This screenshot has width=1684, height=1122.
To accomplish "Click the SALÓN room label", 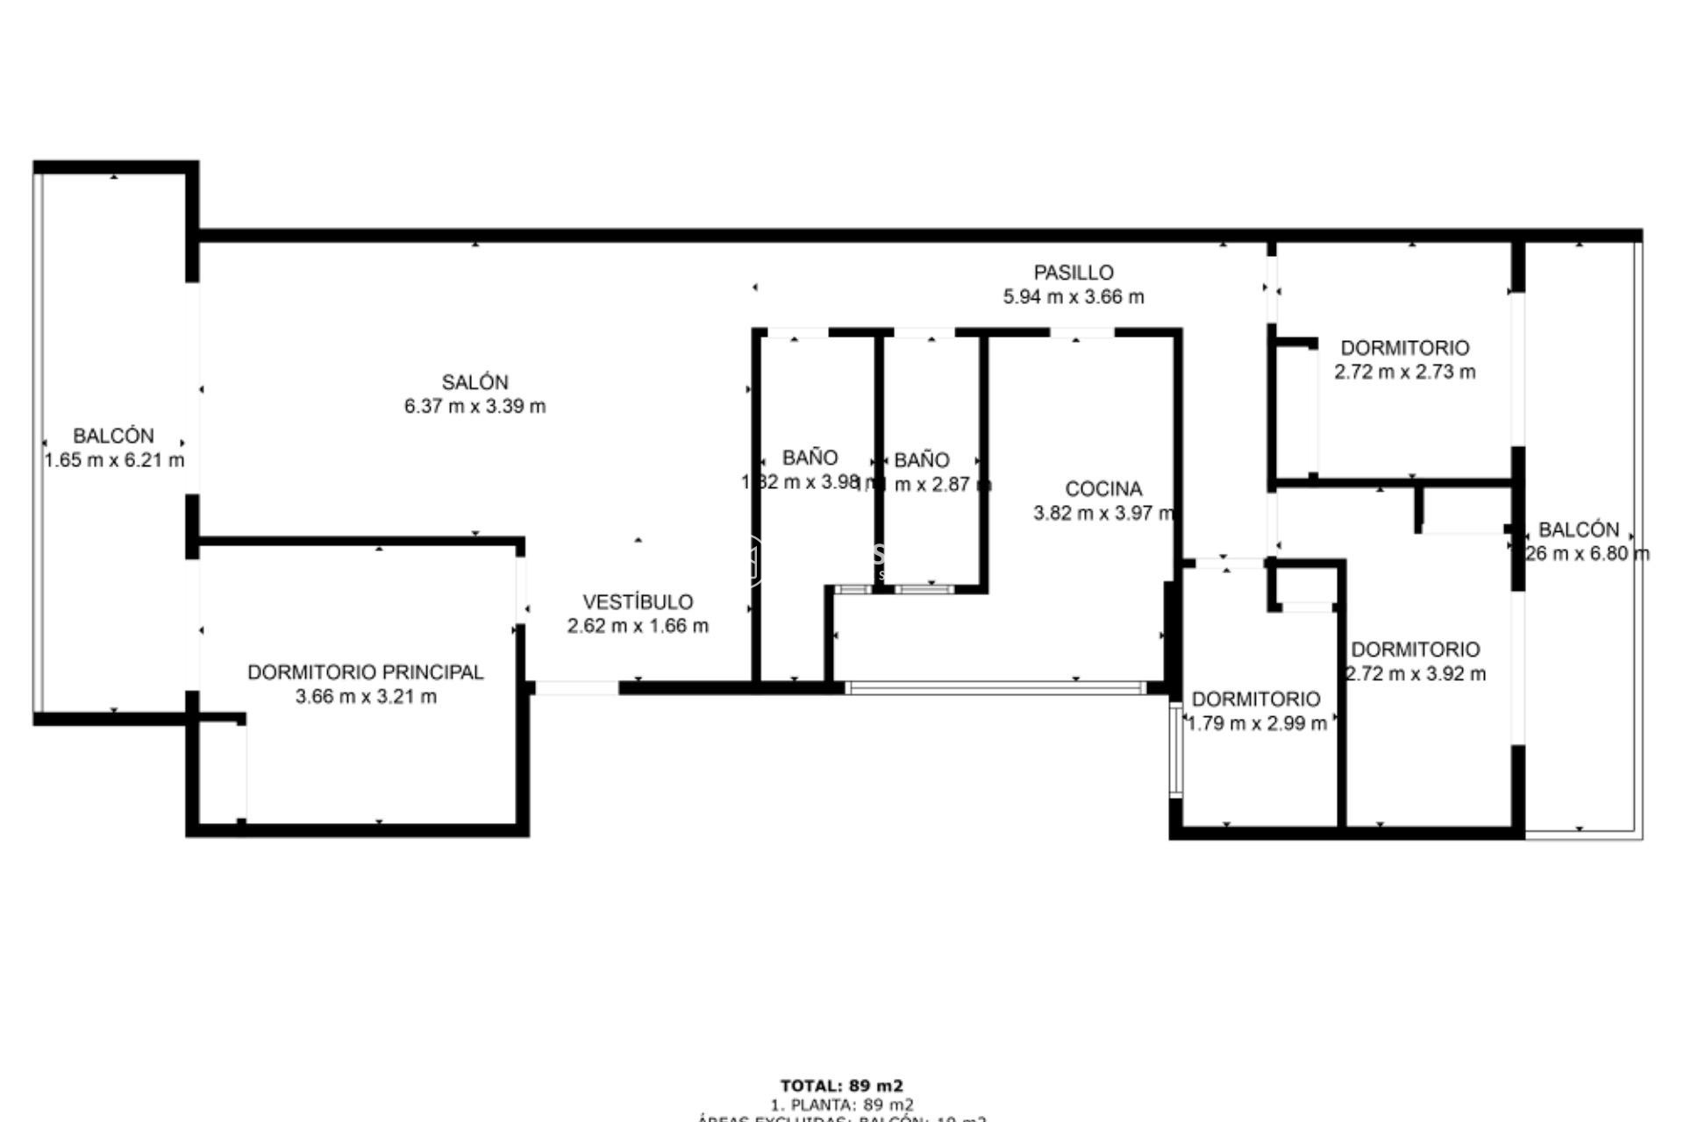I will [x=475, y=382].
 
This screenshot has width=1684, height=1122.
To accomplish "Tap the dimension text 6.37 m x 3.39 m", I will [x=475, y=406].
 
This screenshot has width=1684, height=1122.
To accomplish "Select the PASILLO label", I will [x=1073, y=273].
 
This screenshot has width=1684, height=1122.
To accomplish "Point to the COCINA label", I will [x=1103, y=489].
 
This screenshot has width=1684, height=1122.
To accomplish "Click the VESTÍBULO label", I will [x=638, y=602].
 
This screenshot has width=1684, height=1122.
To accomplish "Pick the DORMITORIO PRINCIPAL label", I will [x=365, y=672].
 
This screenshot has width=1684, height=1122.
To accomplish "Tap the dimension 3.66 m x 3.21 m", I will [x=366, y=697].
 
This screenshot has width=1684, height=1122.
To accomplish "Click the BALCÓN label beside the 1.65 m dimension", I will [x=113, y=436].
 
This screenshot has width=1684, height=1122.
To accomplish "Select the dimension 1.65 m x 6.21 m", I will [x=114, y=460].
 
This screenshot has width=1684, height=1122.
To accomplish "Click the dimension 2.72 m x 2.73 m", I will [x=1404, y=372].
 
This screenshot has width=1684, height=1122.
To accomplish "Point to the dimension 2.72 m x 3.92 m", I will [x=1416, y=674].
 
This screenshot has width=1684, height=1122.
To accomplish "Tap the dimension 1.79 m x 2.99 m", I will [x=1256, y=723].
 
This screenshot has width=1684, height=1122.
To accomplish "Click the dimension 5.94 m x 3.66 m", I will [x=1073, y=296].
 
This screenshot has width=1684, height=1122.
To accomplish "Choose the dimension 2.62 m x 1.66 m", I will [x=638, y=626].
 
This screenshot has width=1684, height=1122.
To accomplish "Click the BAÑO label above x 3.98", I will [x=810, y=458].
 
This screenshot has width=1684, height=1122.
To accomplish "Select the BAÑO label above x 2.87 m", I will [x=921, y=460].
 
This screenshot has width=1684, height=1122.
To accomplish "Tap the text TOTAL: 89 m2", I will [x=841, y=1087].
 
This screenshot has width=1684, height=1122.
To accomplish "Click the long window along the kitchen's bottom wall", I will [x=995, y=688].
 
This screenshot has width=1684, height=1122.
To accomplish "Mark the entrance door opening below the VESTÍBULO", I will [x=576, y=688].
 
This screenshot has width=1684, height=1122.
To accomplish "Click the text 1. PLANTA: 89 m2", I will [x=841, y=1105].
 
